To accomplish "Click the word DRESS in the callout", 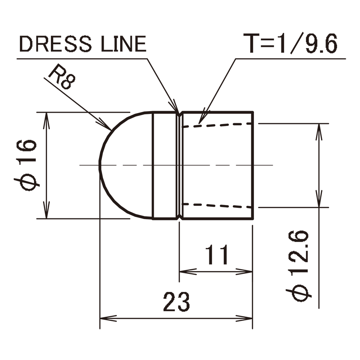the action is tap(56, 43).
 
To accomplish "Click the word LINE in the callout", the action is tap(124, 43).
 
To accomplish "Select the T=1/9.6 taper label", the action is tap(290, 43).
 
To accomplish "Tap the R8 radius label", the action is tap(62, 76).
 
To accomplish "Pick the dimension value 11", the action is tap(217, 255).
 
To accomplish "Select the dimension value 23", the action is tap(176, 302).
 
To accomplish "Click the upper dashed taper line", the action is tap(218, 125).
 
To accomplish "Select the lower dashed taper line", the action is tap(218, 206).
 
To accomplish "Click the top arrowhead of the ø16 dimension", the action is tap(47, 121).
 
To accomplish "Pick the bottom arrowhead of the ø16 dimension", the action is tap(47, 210).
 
